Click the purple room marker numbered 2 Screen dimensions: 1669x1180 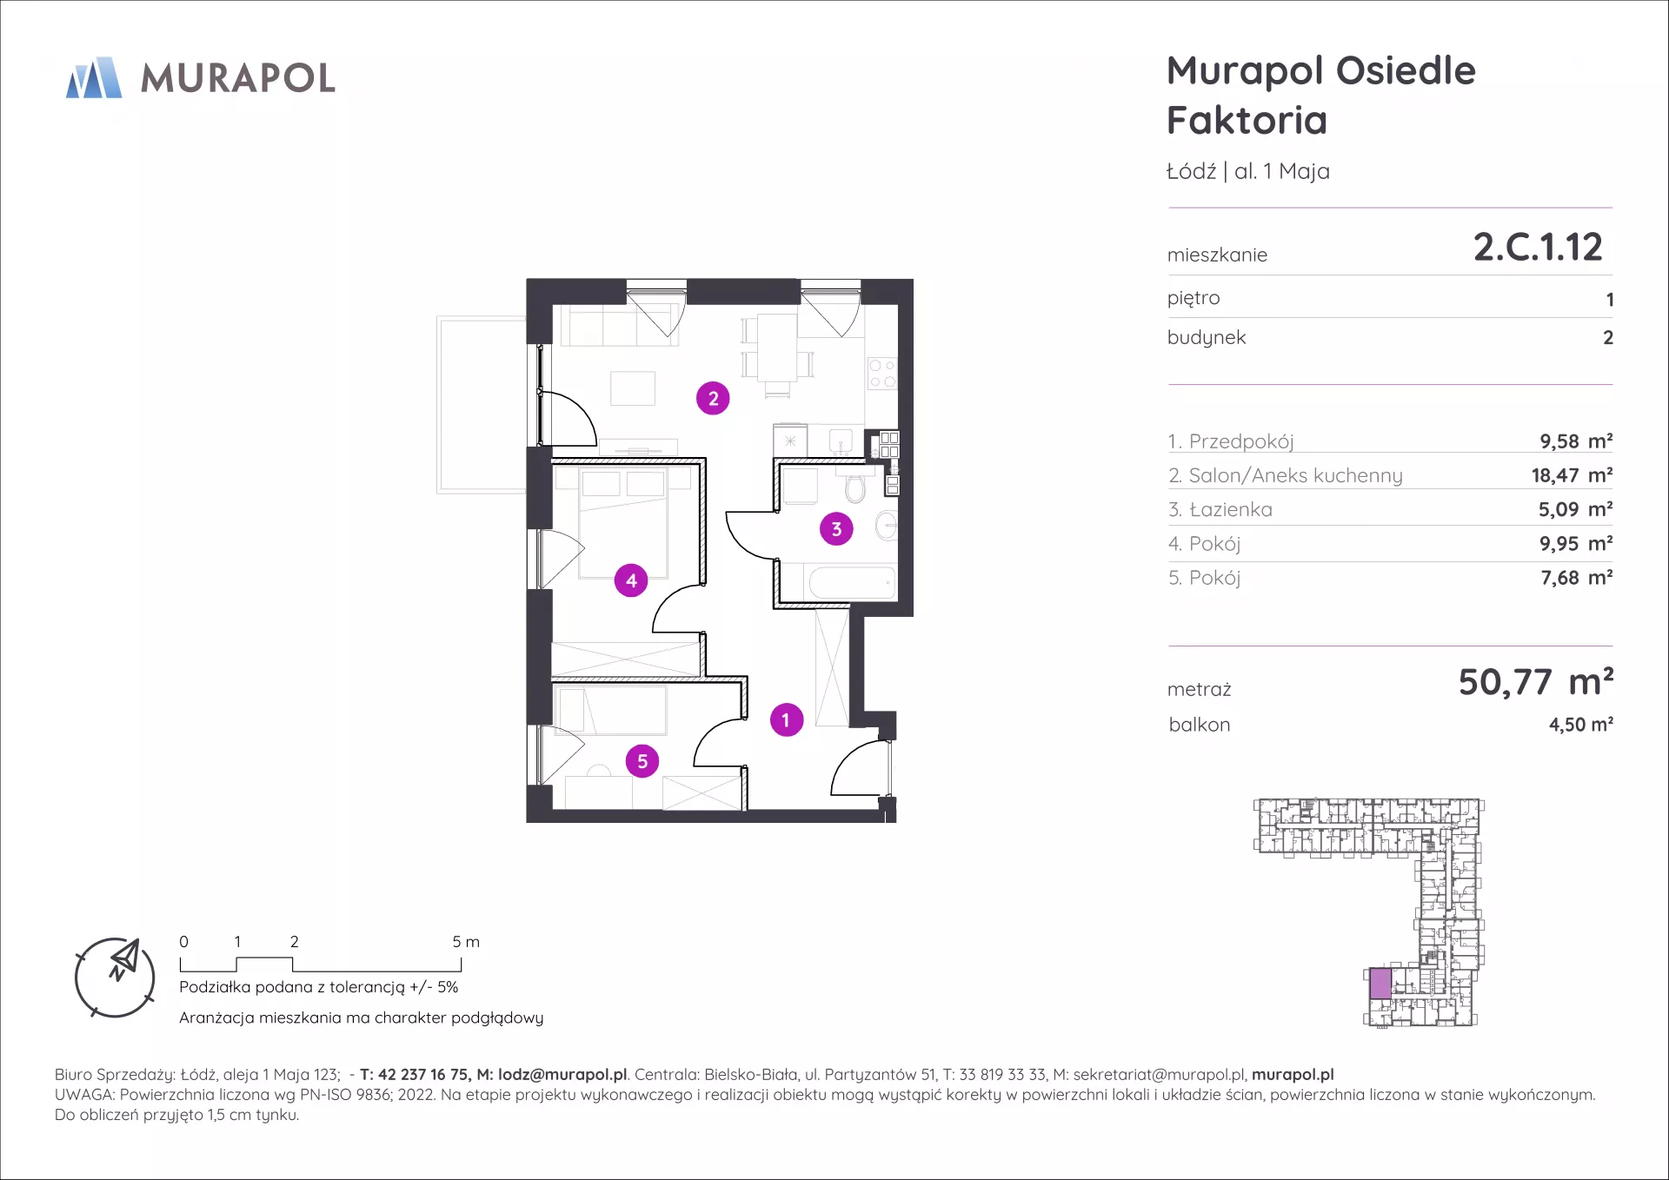click(x=713, y=398)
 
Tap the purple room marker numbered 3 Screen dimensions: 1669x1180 click(x=836, y=528)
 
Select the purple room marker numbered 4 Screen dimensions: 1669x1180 click(x=631, y=580)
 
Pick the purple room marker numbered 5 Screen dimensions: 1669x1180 click(x=642, y=761)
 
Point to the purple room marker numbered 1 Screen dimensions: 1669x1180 click(x=787, y=719)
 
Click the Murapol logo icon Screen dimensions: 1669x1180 click(x=94, y=77)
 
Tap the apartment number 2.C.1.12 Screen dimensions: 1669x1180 click(x=1537, y=247)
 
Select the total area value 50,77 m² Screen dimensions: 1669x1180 click(x=1536, y=682)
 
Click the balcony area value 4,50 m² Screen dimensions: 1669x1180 click(x=1581, y=725)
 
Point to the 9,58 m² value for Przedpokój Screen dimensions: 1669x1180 click(x=1576, y=441)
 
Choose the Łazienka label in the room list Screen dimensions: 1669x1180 click(x=1230, y=510)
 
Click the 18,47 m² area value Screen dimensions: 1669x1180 click(x=1572, y=475)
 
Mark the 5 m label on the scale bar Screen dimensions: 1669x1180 click(x=466, y=942)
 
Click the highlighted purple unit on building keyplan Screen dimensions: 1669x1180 click(x=1380, y=984)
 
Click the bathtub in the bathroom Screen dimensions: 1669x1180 click(x=852, y=582)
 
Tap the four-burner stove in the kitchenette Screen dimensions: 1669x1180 click(x=882, y=374)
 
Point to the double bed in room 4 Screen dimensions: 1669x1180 click(x=623, y=523)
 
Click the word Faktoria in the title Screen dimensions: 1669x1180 click(x=1247, y=120)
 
